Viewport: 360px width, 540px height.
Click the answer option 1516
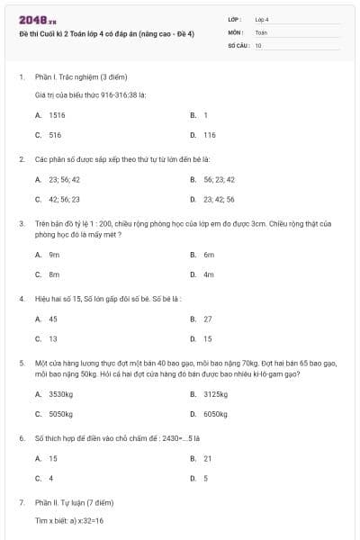point(57,115)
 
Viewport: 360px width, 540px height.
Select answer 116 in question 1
point(209,135)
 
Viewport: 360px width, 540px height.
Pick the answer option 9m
point(54,255)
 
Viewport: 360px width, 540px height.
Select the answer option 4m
point(208,274)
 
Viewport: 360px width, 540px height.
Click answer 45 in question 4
point(53,319)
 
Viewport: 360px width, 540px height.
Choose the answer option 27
point(208,319)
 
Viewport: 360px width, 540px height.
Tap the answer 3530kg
point(59,394)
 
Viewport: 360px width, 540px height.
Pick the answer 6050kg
point(215,414)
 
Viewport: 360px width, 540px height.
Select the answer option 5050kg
point(59,414)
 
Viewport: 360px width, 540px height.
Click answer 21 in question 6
point(208,458)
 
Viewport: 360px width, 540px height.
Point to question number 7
point(21,500)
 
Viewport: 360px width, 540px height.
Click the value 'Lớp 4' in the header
point(262,19)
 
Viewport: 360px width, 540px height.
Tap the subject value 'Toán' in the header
point(261,31)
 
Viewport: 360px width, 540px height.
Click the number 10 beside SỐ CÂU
point(259,44)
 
